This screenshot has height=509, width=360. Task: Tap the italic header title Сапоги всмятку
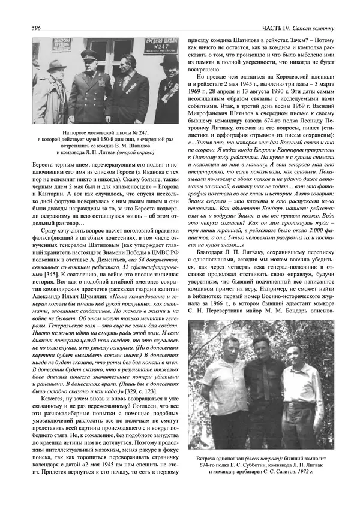(x=322, y=28)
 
